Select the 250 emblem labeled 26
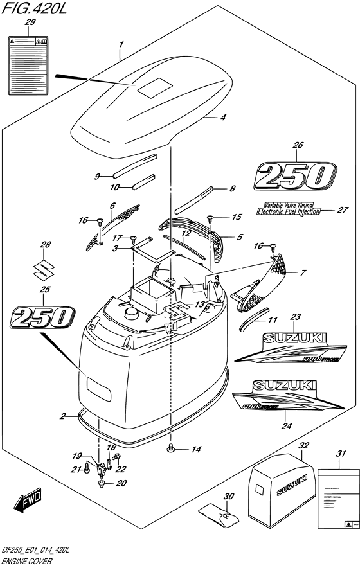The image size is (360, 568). (x=295, y=175)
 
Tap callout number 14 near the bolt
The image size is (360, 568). (x=197, y=449)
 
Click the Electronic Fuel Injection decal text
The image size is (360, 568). (x=289, y=211)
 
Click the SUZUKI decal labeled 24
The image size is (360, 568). (x=285, y=394)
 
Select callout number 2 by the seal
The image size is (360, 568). (x=63, y=416)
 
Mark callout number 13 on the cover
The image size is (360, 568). (x=200, y=304)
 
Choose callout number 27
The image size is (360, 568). (x=342, y=209)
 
